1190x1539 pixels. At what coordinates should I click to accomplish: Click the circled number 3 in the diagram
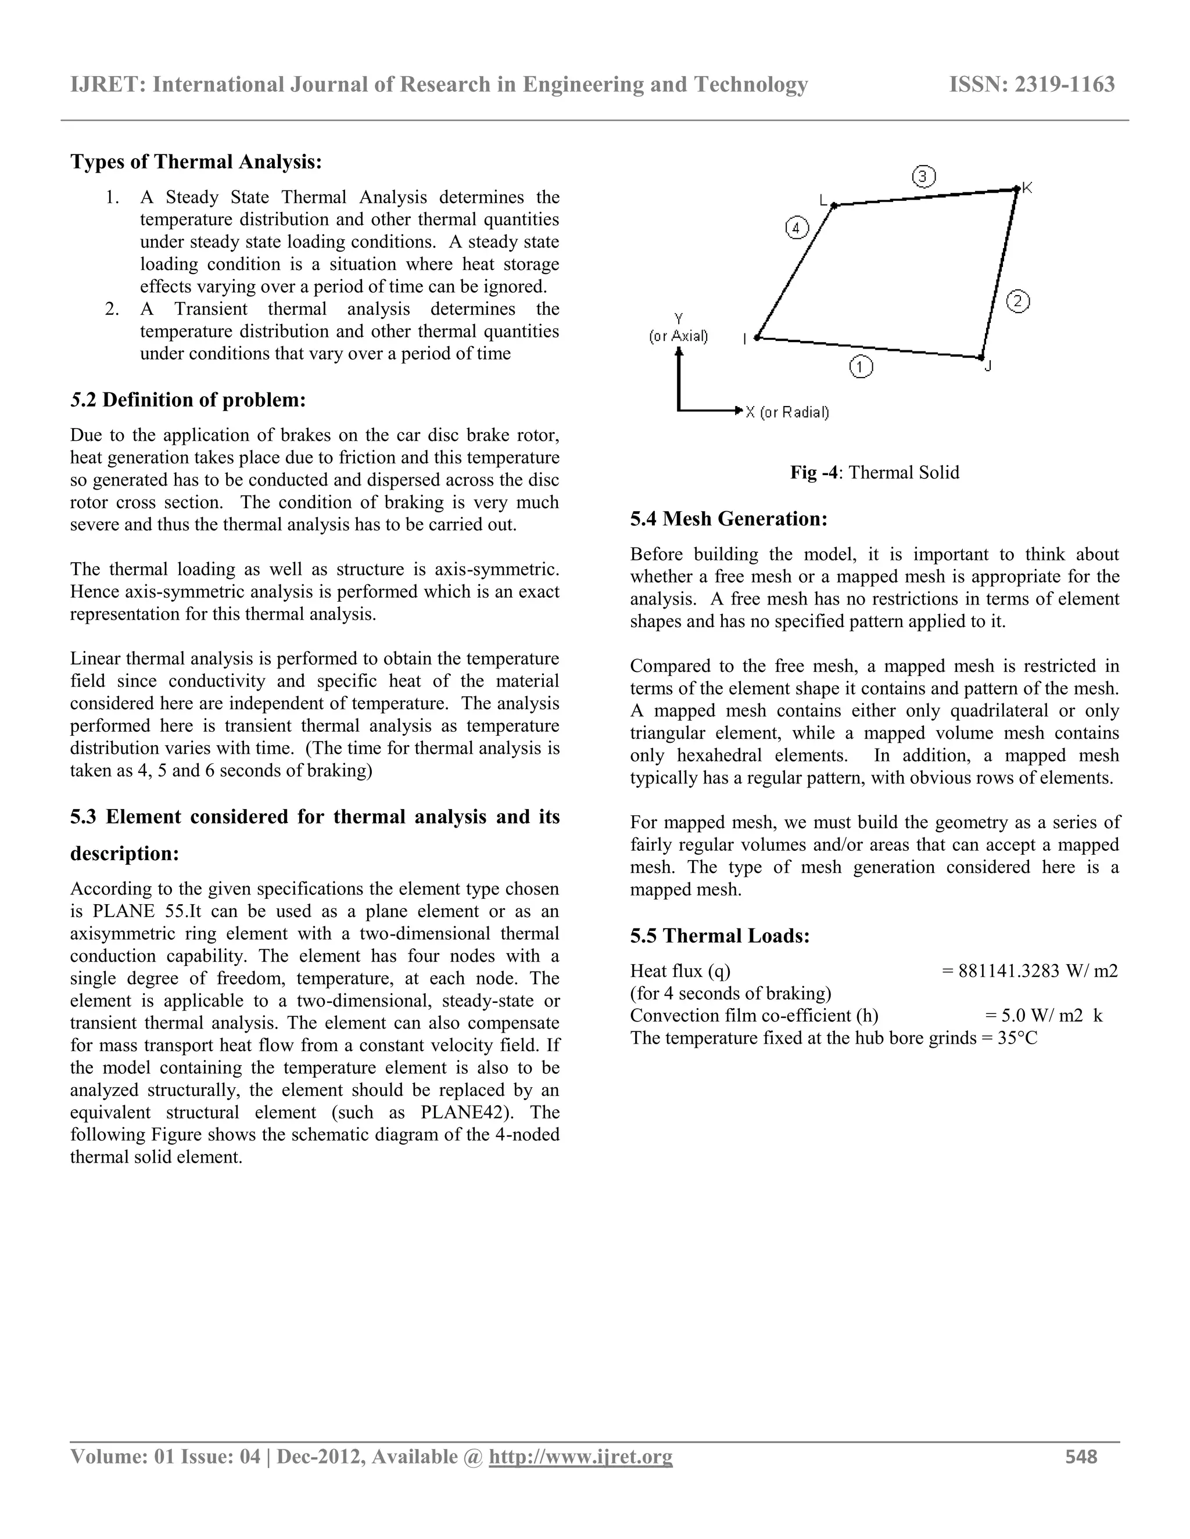(923, 176)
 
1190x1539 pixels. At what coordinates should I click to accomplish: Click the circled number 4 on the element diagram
(797, 228)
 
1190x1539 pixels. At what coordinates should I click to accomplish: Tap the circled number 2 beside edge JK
(1017, 301)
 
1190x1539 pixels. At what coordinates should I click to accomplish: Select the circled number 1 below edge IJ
(861, 367)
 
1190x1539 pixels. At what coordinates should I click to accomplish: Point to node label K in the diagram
(1027, 188)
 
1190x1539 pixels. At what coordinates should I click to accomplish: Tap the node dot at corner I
(757, 338)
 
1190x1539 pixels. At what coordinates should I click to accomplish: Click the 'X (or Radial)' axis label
(787, 412)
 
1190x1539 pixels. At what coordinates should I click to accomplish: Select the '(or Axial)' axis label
(678, 336)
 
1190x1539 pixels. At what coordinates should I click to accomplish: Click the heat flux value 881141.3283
(1009, 971)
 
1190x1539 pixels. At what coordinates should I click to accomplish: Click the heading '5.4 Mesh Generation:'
(728, 519)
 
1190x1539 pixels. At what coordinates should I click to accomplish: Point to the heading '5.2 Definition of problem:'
(188, 400)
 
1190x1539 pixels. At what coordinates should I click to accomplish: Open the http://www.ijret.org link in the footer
(580, 1457)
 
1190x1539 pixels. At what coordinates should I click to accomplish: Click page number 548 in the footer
(1081, 1457)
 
